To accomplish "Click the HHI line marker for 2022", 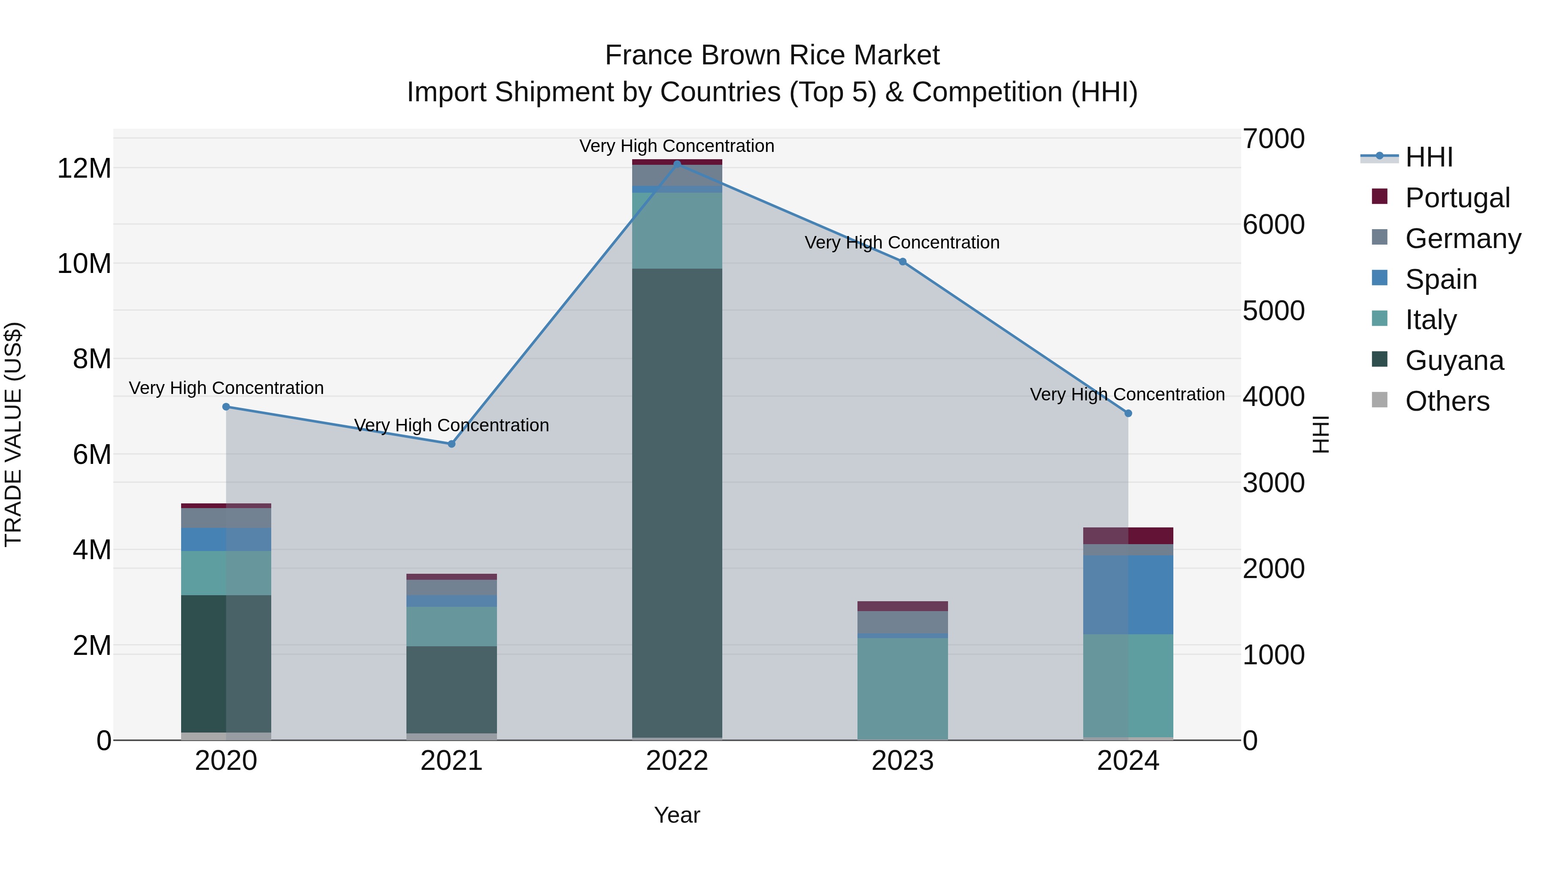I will [677, 164].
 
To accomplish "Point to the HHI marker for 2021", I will [451, 444].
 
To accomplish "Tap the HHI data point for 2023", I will [903, 261].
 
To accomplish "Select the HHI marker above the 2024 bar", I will [1128, 413].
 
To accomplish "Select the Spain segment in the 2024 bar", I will [1128, 594].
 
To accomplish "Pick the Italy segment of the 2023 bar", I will [903, 688].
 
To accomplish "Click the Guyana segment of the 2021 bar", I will [451, 689].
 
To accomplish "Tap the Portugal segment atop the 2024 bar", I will [1128, 536].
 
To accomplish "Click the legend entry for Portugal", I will [1457, 198].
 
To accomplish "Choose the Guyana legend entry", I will [1454, 360].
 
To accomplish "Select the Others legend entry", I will [1447, 401].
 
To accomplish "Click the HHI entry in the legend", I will [1429, 157].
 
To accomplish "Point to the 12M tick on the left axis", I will [84, 169].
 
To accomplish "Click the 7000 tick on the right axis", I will [1273, 139].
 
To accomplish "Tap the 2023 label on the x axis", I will [903, 761].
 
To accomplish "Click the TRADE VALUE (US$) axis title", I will [13, 434].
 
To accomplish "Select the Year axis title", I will [677, 815].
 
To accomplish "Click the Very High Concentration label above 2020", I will [226, 388].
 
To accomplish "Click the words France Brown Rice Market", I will [772, 55].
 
